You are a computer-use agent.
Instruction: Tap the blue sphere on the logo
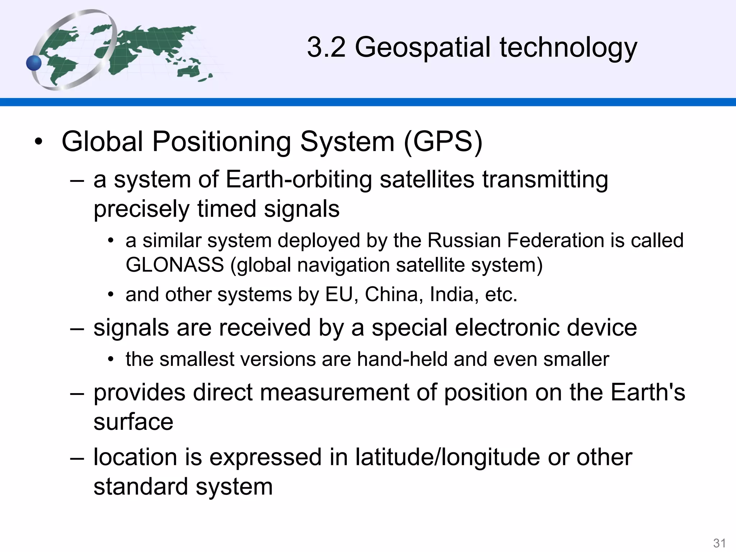click(x=34, y=63)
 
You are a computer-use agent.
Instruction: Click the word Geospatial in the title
click(x=423, y=48)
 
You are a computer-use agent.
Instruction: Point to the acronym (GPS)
click(x=443, y=142)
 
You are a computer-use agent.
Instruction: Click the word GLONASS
click(x=175, y=265)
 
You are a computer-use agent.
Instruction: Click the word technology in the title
click(x=568, y=48)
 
